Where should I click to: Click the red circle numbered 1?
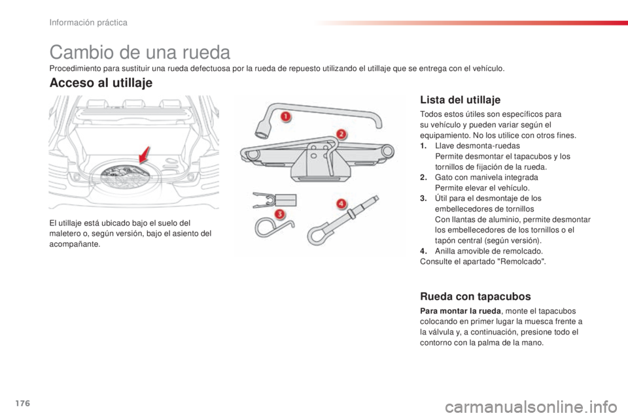pyautogui.click(x=285, y=116)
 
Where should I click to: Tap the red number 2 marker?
pyautogui.click(x=340, y=135)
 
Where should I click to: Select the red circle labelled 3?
pyautogui.click(x=279, y=213)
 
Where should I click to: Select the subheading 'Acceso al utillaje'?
pyautogui.click(x=101, y=83)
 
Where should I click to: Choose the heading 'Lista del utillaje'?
pyautogui.click(x=460, y=100)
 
